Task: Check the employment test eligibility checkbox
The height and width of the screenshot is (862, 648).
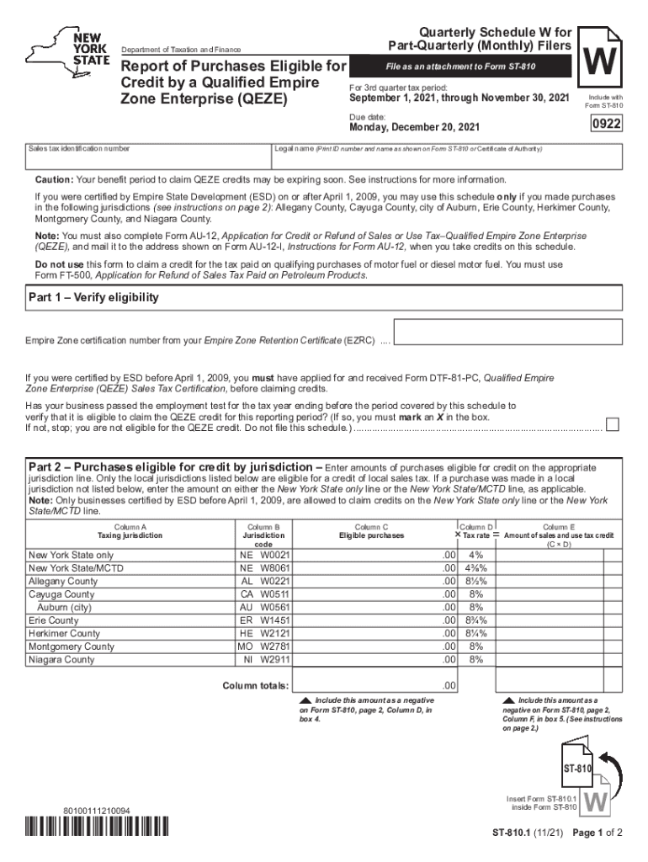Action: coord(613,423)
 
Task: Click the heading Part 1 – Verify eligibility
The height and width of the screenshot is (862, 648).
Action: coord(93,298)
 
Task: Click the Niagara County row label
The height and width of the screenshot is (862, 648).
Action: coord(61,659)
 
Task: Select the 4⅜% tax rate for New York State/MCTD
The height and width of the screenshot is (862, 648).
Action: coord(476,568)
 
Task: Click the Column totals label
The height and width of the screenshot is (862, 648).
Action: coord(255,686)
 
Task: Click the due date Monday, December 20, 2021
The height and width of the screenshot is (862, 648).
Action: coord(414,127)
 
